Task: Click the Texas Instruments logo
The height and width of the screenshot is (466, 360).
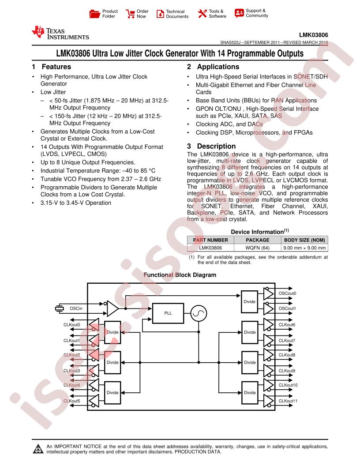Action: [60, 33]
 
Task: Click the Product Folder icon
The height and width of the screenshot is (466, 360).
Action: [95, 14]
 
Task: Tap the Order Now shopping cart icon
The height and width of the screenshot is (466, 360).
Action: [130, 14]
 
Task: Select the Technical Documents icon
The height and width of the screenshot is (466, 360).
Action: [160, 14]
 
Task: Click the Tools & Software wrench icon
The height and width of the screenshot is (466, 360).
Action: [202, 13]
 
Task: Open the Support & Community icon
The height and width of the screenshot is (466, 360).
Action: [239, 13]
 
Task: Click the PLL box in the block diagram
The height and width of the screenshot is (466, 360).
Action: [168, 313]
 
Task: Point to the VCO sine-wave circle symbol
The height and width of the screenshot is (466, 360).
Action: [199, 313]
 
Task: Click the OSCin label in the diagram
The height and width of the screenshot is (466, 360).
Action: [76, 308]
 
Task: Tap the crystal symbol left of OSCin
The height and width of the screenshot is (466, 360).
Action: [60, 308]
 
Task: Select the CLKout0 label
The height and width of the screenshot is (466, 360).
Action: [71, 325]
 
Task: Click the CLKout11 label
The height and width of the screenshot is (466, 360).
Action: [288, 401]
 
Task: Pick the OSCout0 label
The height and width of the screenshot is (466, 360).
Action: [287, 293]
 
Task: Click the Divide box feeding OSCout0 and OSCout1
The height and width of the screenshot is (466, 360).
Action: [250, 302]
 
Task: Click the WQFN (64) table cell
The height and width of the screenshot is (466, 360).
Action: [258, 248]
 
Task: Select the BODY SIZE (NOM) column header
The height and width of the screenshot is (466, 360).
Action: [304, 240]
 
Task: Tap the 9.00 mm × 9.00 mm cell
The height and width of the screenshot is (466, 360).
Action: [304, 248]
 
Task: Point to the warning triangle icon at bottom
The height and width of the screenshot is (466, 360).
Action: [38, 449]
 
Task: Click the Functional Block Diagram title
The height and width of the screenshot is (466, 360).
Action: [180, 275]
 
